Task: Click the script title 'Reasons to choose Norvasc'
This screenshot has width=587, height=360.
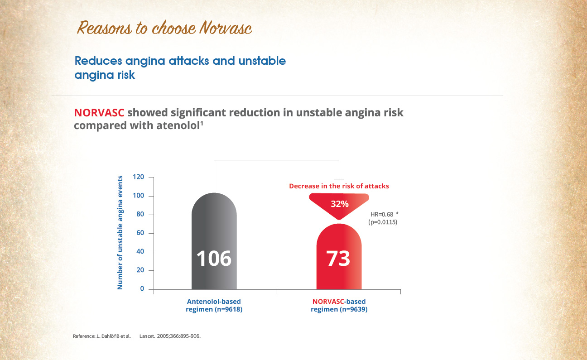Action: [164, 28]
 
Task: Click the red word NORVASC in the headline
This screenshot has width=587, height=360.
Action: [99, 113]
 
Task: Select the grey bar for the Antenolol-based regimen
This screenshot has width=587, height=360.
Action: [214, 241]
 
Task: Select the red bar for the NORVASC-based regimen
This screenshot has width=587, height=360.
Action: [339, 256]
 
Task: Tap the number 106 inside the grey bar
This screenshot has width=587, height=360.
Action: [214, 259]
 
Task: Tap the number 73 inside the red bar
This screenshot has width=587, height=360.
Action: [338, 259]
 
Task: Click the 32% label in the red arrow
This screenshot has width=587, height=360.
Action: [340, 204]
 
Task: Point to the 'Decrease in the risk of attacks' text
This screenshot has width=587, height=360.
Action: [339, 186]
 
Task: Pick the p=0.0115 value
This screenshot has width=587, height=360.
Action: [383, 222]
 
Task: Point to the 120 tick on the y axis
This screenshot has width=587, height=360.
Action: [138, 177]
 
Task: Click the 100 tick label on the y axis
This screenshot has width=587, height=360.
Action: [138, 196]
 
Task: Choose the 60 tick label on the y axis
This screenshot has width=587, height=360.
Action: [140, 233]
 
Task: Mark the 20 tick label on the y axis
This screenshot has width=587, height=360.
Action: [140, 270]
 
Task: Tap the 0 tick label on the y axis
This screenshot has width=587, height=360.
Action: [142, 288]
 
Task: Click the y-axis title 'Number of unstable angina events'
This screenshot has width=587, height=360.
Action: [120, 232]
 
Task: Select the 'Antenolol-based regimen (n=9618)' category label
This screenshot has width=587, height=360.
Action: [214, 305]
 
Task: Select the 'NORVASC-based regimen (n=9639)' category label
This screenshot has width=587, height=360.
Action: [339, 305]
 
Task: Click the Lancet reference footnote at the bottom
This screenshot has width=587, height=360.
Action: [136, 336]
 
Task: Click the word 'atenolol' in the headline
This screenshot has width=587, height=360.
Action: [178, 125]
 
